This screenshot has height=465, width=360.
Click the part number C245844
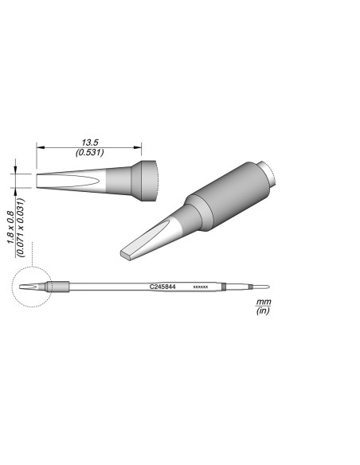click(162, 285)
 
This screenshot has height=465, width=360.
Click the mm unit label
click(262, 303)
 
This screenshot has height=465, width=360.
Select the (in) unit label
click(262, 311)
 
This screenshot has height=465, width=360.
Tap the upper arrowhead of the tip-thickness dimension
click(16, 170)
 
